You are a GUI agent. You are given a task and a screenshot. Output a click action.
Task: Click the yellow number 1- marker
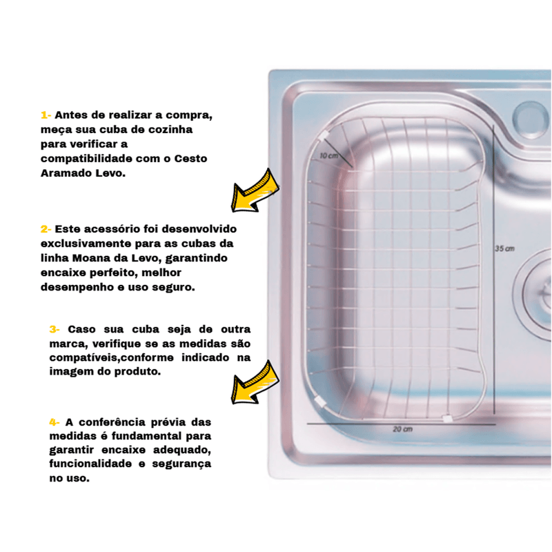[x=46, y=115]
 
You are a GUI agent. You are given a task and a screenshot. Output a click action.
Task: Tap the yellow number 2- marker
[x=46, y=229]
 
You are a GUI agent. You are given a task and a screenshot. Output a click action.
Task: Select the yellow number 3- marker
[x=55, y=330]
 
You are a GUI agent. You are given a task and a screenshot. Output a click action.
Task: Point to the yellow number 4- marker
[x=55, y=422]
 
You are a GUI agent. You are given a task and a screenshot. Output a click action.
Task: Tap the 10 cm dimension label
[x=329, y=156]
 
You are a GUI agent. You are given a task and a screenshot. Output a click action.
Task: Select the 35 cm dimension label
[x=505, y=248]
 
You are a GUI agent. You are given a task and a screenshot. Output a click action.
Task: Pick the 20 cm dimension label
[x=402, y=429]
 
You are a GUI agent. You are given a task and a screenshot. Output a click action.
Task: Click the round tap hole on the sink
[x=531, y=119]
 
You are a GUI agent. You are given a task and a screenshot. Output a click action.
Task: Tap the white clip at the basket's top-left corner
[x=324, y=137]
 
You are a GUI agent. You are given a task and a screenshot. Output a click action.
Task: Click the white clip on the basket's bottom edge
[x=447, y=419]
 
